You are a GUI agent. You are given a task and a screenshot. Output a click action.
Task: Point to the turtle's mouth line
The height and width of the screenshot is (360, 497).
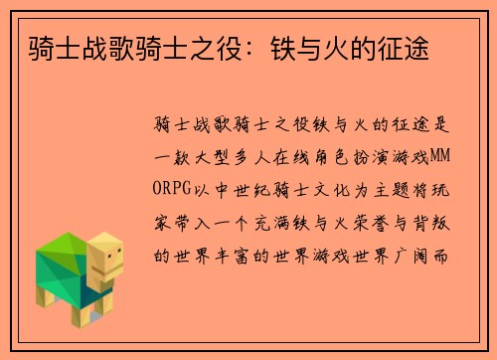pyautogui.click(x=112, y=270)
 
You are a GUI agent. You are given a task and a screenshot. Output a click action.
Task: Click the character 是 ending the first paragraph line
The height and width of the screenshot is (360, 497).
pyautogui.click(x=444, y=125)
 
